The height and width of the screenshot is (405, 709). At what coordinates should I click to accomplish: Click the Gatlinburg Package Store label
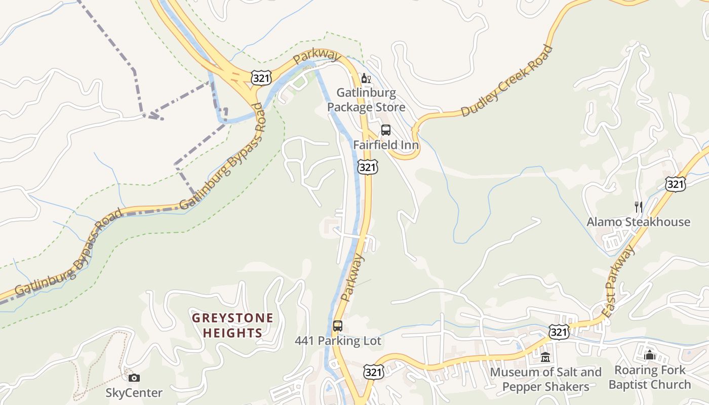pos(366,100)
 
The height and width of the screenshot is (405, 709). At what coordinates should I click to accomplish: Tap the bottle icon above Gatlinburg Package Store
pos(366,78)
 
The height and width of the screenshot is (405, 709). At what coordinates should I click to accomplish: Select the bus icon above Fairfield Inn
pos(386,130)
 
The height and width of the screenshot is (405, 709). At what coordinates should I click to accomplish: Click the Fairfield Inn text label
pos(386,145)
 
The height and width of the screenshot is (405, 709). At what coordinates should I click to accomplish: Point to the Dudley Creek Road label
pos(507,82)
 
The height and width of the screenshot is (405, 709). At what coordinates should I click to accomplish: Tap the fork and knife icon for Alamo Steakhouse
pos(638,207)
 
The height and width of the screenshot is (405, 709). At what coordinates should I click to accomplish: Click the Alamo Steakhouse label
pos(638,222)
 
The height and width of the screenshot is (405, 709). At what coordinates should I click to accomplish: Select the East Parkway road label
pos(619,281)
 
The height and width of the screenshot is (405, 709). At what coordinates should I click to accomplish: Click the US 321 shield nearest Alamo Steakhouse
pos(676,184)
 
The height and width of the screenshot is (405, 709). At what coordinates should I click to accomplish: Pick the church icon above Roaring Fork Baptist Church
pos(650,355)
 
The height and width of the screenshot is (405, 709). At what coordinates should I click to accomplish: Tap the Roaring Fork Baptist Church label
pos(650,377)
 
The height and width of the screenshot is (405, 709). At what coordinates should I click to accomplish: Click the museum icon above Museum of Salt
pos(545,357)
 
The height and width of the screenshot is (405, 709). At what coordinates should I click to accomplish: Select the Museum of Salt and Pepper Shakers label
pos(545,379)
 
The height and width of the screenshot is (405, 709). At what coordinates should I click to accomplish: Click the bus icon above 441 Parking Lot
pos(338,326)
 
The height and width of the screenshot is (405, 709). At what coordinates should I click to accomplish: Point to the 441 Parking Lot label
pos(338,341)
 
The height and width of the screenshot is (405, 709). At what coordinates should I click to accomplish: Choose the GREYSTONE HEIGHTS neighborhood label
pos(232,326)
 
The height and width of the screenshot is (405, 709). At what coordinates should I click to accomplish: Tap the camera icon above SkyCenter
pos(134,378)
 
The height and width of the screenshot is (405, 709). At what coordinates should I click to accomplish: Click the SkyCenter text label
pos(134,393)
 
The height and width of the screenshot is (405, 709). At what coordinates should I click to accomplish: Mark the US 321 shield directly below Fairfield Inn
pos(368,167)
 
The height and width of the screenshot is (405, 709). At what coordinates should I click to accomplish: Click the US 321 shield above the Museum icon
pos(559,332)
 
